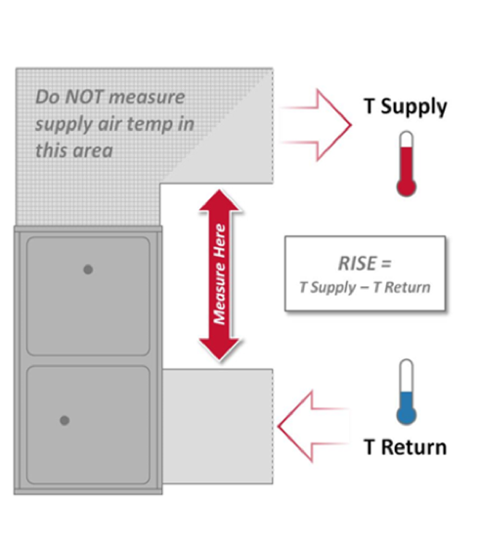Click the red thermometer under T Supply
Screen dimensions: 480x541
coord(406,163)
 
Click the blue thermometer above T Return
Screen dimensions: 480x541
coord(406,393)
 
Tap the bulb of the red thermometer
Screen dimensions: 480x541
coord(406,187)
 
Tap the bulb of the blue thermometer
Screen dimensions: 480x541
coord(406,415)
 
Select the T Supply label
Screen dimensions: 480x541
coord(406,106)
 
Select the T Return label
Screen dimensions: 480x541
coord(406,447)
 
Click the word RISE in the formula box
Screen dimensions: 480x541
coord(358,264)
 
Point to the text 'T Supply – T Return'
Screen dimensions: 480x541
coord(365,287)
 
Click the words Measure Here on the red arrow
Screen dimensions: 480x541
coord(220,274)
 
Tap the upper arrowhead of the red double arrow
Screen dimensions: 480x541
coord(219,200)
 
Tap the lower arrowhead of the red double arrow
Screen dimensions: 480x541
coord(219,350)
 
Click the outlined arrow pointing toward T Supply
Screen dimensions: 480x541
coord(316,125)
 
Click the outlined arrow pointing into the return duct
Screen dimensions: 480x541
coord(313,427)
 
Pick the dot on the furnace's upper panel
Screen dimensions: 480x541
coord(88,270)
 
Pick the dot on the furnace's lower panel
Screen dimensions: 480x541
coord(65,420)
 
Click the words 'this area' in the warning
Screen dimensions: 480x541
coord(74,150)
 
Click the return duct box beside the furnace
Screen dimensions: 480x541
coord(218,427)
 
